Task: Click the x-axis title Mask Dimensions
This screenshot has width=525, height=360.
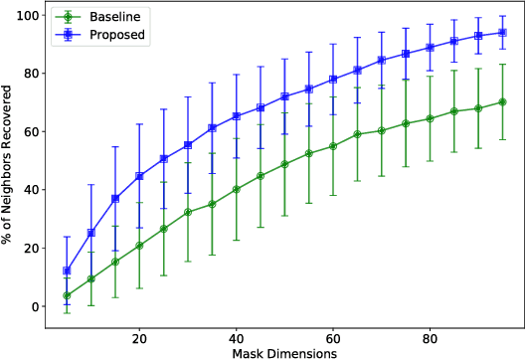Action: pos(284,352)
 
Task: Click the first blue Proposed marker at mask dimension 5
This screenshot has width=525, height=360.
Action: pos(67,270)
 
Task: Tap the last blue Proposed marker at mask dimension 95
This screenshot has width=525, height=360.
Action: pos(502,32)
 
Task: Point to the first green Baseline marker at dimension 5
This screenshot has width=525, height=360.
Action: pos(67,295)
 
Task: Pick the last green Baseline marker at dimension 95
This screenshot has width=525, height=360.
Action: pos(502,101)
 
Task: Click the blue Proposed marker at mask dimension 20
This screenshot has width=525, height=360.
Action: pos(139,176)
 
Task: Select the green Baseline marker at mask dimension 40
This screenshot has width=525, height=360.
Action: pos(236,189)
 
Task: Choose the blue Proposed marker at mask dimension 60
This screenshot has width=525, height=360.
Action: pos(333,79)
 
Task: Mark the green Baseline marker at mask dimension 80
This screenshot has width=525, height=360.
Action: pos(430,118)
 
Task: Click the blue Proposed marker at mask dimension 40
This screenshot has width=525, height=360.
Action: pos(236,115)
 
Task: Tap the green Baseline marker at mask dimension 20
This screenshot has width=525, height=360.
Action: pos(139,245)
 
